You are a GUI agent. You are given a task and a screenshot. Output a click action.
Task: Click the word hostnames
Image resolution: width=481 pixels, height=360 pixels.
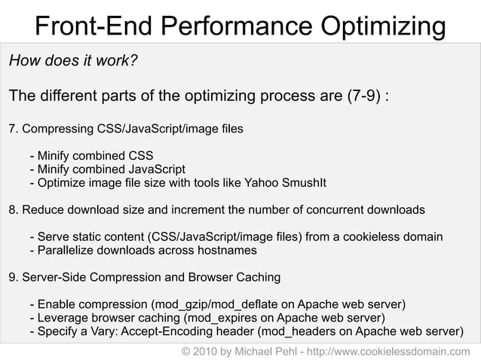tap(227, 250)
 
